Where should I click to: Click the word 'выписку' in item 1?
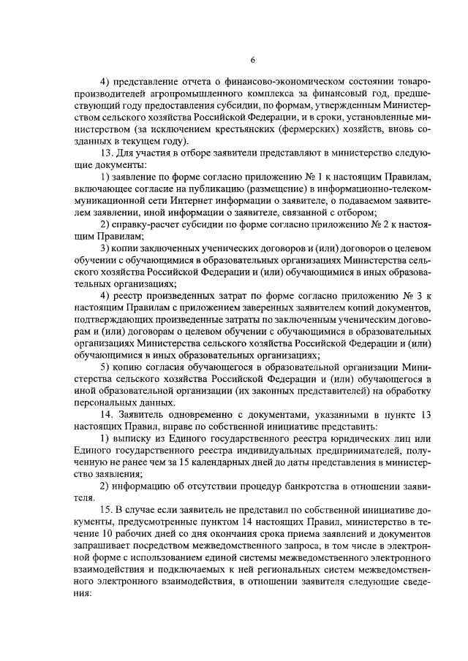[134, 437]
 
